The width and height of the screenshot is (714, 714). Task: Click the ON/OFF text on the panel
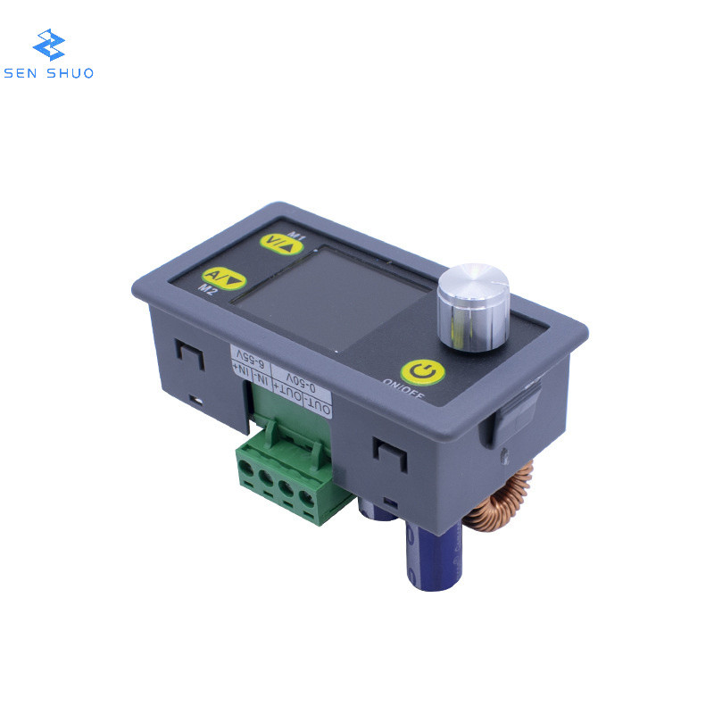point(403,388)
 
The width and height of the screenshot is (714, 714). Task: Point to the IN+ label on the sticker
point(238,366)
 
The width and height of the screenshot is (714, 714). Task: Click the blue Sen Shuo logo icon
point(48,45)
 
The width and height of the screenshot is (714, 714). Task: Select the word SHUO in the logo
point(71,73)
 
